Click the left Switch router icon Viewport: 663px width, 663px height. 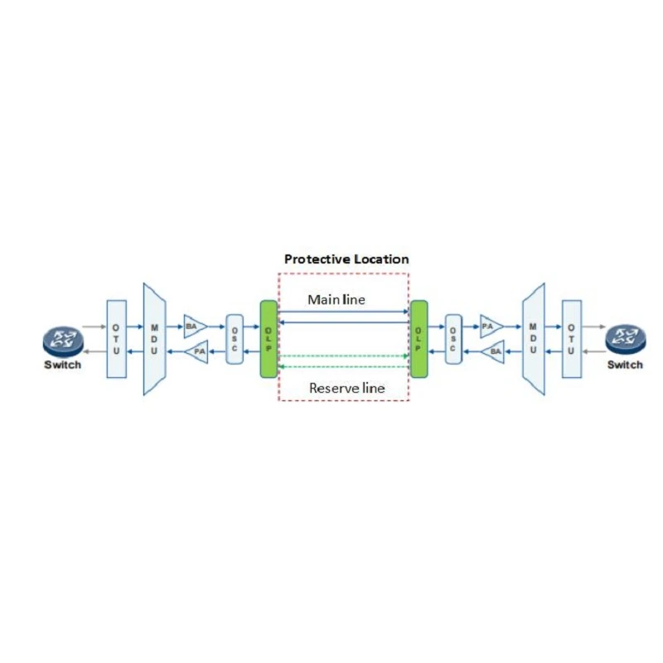coord(63,342)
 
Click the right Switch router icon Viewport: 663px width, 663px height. coord(626,341)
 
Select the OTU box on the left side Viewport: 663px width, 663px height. coord(116,339)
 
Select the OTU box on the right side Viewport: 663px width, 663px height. coord(572,339)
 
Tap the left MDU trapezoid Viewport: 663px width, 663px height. coord(154,339)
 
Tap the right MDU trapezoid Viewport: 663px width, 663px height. coord(534,339)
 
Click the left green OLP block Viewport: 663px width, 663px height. coord(269,339)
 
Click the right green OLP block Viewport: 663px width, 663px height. coord(419,339)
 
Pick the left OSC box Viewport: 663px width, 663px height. coord(235,339)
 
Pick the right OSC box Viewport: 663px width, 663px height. coord(453,339)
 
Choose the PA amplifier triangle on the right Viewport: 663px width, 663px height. coord(491,327)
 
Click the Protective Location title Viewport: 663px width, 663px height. coord(346,259)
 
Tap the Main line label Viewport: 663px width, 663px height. coord(336,299)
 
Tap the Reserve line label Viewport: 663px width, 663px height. coord(346,388)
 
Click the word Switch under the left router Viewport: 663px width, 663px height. coord(63,365)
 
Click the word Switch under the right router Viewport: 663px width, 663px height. coord(625,365)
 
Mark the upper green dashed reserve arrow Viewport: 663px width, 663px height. coord(343,356)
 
